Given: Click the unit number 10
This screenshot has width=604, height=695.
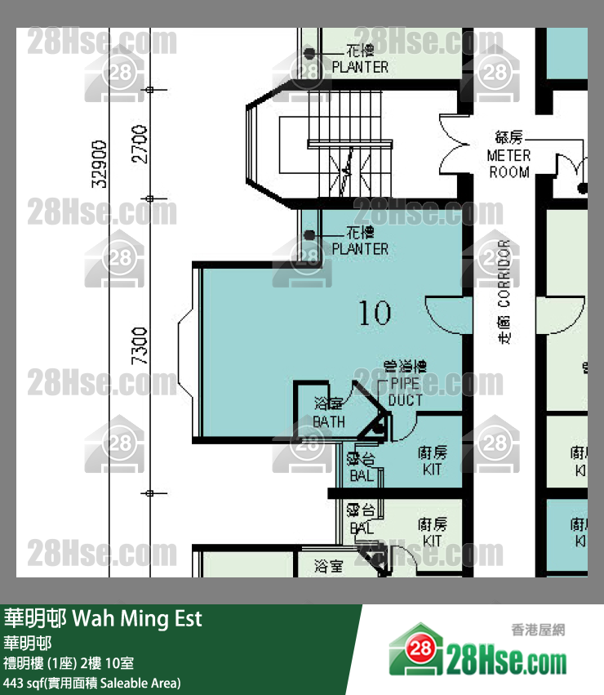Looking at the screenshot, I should pyautogui.click(x=375, y=312).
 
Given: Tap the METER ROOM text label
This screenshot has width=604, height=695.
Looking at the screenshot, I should pyautogui.click(x=509, y=163).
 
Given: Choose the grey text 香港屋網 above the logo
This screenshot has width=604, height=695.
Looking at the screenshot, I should pyautogui.click(x=538, y=630).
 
